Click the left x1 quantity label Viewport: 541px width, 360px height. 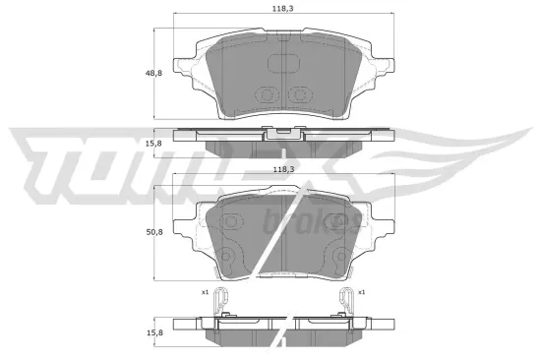click(206, 292)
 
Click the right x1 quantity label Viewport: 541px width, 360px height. click(361, 292)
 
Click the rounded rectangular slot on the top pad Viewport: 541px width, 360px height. click(283, 64)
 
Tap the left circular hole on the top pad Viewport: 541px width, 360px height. click(266, 96)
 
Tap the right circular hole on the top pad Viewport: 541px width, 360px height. click(301, 96)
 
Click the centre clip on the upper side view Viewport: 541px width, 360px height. click(283, 130)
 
